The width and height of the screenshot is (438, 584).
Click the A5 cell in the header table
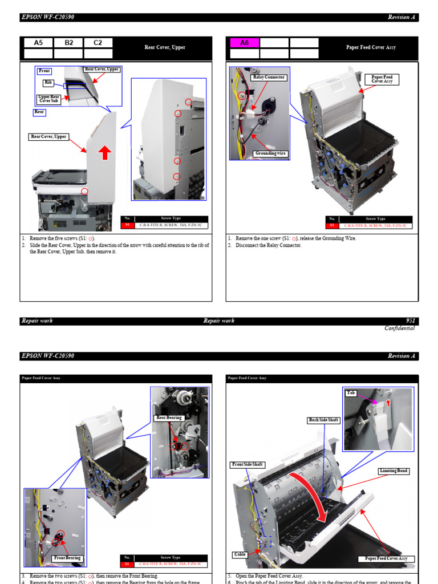tap(38, 43)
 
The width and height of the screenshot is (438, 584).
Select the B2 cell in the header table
tap(68, 43)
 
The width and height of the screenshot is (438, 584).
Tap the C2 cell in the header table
tap(98, 43)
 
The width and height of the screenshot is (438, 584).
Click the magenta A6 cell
tap(244, 43)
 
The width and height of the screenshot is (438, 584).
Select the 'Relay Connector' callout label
tap(269, 77)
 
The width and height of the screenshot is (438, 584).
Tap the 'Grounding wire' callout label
tap(270, 153)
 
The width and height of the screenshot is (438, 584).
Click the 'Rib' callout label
tap(48, 83)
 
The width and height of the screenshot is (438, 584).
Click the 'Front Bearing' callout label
tap(67, 558)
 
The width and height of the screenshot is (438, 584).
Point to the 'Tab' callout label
tap(351, 393)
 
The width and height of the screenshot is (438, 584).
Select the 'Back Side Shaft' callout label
tap(324, 420)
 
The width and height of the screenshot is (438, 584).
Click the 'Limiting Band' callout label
tap(394, 471)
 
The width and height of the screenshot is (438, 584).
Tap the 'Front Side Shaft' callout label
tap(247, 464)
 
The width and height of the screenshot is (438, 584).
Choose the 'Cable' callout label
tap(240, 554)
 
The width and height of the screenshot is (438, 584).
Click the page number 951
tap(410, 321)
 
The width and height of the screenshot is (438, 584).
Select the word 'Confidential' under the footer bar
tap(399, 328)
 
